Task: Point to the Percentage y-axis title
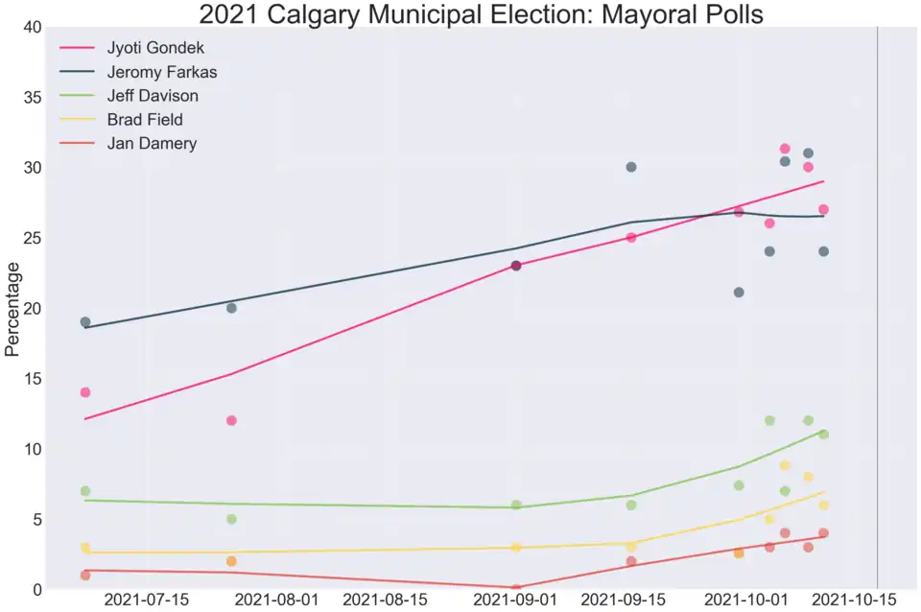pyautogui.click(x=12, y=307)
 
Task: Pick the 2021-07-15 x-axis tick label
pyautogui.click(x=146, y=600)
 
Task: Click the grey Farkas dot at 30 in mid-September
pyautogui.click(x=631, y=167)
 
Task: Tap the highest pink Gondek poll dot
pyautogui.click(x=785, y=149)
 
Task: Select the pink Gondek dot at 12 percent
pyautogui.click(x=231, y=420)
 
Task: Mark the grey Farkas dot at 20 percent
pyautogui.click(x=231, y=308)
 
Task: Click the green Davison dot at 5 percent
pyautogui.click(x=231, y=519)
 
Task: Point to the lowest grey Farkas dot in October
pyautogui.click(x=739, y=293)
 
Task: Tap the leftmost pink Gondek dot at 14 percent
pyautogui.click(x=85, y=392)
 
